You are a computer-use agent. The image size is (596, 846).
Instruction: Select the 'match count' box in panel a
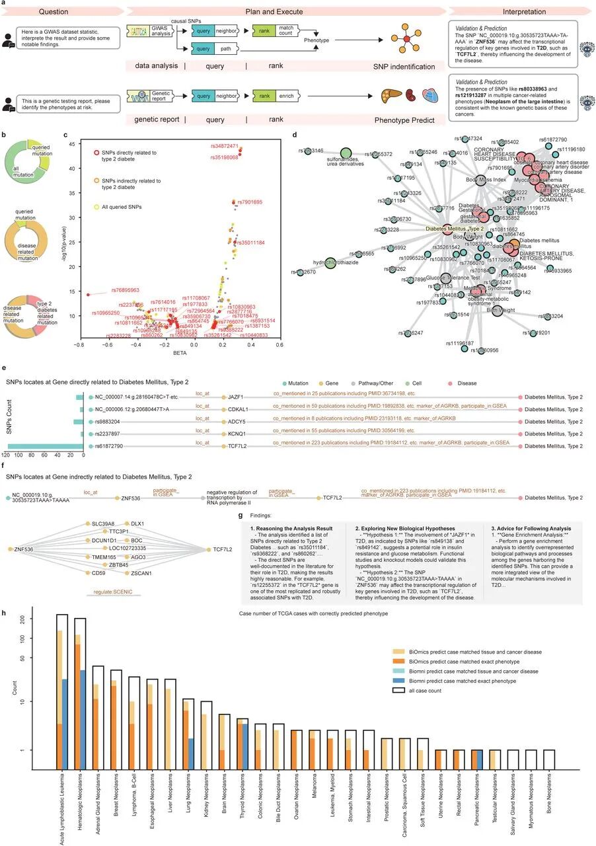tap(286, 31)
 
